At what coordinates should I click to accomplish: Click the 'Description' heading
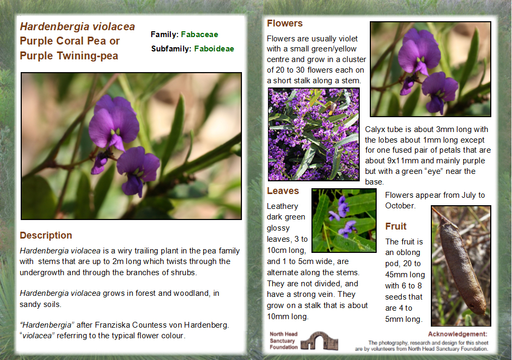(46, 235)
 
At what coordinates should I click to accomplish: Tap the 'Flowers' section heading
(284, 23)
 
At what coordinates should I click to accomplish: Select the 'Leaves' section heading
(283, 191)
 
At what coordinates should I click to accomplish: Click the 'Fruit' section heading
(396, 226)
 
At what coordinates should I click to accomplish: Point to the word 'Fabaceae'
(199, 34)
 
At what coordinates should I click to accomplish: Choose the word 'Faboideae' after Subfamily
(214, 49)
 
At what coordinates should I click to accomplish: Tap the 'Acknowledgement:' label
(457, 334)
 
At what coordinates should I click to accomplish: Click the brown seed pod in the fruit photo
(459, 265)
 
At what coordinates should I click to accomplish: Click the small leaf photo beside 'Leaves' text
(343, 220)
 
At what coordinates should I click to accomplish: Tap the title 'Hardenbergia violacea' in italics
(77, 27)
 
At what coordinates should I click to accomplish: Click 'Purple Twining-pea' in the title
(69, 56)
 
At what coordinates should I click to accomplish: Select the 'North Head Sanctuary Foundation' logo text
(284, 340)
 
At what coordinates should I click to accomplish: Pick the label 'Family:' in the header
(164, 34)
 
